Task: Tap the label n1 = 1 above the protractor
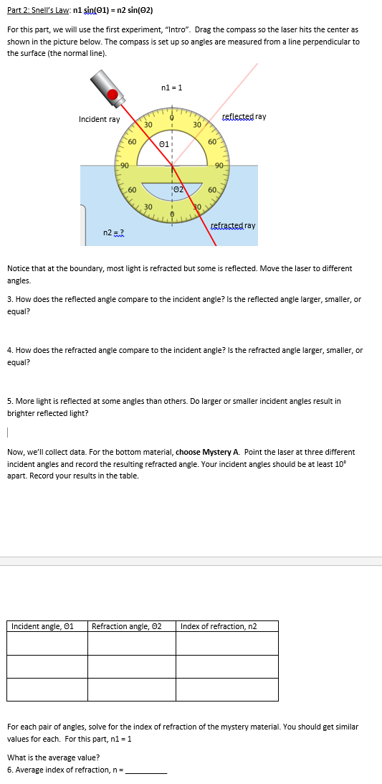[172, 88]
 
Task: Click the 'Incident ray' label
[99, 119]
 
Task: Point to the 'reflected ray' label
[244, 116]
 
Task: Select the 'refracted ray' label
[233, 225]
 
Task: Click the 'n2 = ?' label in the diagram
[114, 232]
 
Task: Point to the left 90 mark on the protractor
[123, 166]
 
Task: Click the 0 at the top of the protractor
[172, 114]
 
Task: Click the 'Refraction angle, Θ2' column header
[127, 626]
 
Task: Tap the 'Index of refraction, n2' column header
[219, 626]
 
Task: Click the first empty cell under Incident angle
[47, 643]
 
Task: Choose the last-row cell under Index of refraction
[226, 689]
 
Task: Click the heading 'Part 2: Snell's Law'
[36, 11]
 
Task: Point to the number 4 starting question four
[9, 350]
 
